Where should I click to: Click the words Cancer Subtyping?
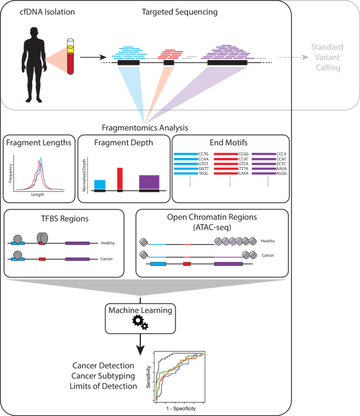pyautogui.click(x=107, y=376)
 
